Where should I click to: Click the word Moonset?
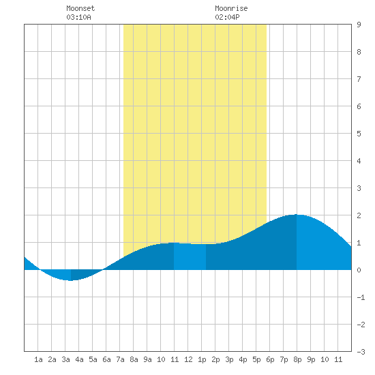click(80, 8)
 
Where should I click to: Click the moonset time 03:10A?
click(78, 17)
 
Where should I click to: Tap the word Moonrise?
click(231, 8)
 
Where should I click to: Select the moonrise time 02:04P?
click(227, 17)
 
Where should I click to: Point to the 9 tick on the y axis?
click(359, 25)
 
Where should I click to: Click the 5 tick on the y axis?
click(359, 134)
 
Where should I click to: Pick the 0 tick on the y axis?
click(359, 270)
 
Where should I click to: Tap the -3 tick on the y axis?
click(361, 352)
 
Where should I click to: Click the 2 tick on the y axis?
click(359, 215)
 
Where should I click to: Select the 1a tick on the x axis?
click(38, 359)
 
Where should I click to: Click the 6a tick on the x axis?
click(106, 359)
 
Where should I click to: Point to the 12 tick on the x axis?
click(188, 359)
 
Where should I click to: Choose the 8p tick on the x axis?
click(297, 359)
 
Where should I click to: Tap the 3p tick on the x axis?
click(229, 359)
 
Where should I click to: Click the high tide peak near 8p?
click(297, 215)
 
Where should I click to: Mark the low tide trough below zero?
click(70, 280)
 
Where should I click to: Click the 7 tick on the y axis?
click(359, 79)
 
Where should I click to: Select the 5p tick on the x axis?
click(256, 359)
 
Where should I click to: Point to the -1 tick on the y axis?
click(361, 297)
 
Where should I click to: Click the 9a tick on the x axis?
click(147, 359)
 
